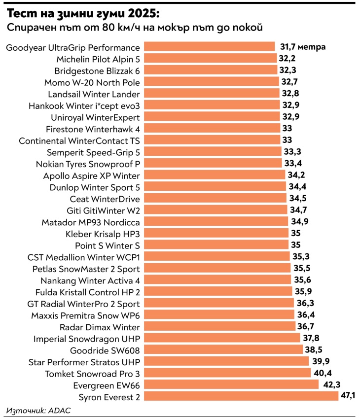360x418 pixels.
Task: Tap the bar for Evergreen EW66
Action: (231, 385)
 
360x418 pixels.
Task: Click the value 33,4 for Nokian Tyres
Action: (292, 164)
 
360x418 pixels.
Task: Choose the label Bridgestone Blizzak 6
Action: (97, 70)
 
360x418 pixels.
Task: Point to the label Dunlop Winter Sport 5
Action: (95, 187)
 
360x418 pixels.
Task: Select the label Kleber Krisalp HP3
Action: (103, 234)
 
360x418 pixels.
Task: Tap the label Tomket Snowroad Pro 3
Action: (92, 373)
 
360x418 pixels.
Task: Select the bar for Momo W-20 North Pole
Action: (212, 82)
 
